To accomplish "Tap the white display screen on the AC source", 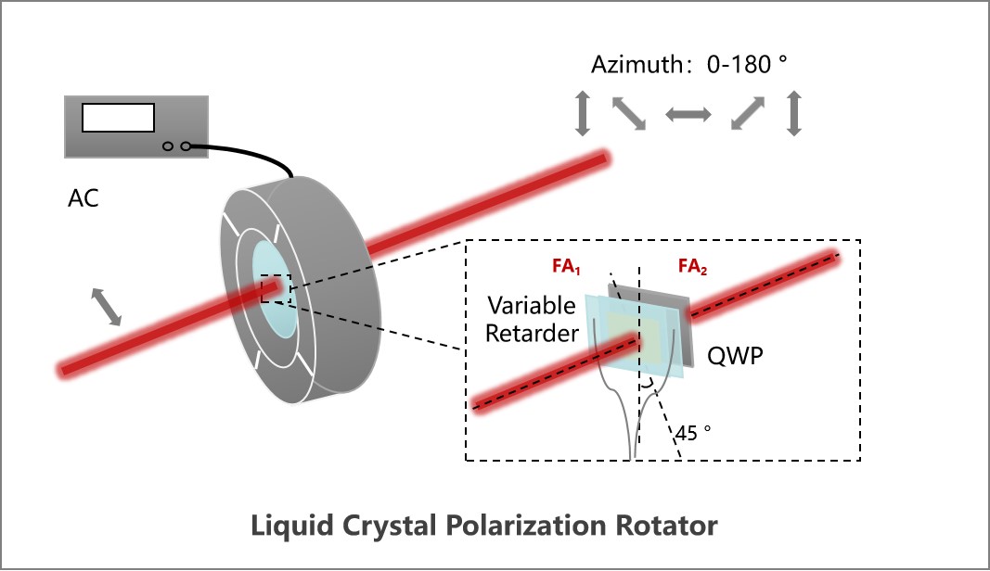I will tap(118, 118).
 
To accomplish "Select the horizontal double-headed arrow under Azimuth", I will tap(688, 114).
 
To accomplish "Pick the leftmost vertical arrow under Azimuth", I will tap(583, 114).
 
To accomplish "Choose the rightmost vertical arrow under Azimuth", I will tap(793, 114).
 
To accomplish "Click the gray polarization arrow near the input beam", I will tap(106, 307).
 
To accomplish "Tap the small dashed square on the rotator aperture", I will tap(276, 290).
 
